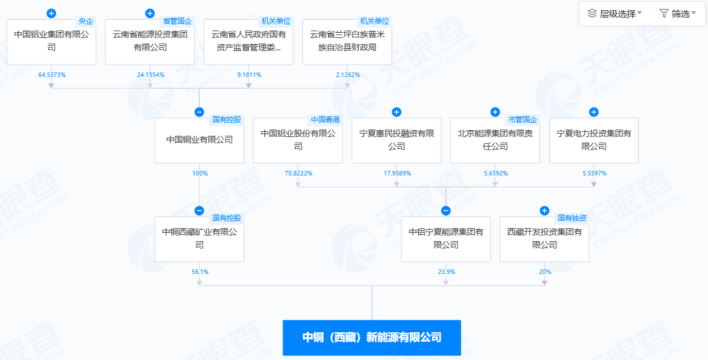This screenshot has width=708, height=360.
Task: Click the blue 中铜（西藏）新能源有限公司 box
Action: (372, 337)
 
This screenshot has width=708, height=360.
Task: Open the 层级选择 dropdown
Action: (615, 14)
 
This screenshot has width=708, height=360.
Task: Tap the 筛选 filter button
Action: (677, 14)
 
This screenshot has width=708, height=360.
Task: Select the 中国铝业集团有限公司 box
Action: (51, 42)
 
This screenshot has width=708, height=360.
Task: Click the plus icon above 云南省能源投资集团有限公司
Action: (150, 13)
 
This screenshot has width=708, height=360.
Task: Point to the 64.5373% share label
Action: (52, 75)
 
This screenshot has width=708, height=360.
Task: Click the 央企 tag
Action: (85, 21)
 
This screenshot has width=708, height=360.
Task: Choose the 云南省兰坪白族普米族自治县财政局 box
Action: (347, 42)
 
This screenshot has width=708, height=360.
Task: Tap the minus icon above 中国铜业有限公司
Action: (199, 112)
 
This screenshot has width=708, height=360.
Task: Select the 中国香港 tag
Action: (325, 119)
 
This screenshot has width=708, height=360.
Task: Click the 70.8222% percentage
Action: (298, 173)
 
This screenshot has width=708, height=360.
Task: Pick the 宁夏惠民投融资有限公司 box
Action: (396, 140)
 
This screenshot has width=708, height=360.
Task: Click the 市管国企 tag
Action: (522, 119)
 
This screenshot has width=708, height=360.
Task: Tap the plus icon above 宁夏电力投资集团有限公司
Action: (594, 112)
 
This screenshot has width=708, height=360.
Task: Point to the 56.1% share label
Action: (200, 272)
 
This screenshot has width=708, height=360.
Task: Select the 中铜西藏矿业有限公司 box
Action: (199, 239)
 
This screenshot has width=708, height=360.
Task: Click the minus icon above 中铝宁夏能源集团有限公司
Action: (445, 211)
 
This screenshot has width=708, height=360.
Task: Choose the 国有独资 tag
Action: (572, 218)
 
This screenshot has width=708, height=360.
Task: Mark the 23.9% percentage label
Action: (447, 272)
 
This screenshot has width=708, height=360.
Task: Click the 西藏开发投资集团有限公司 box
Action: (544, 239)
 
